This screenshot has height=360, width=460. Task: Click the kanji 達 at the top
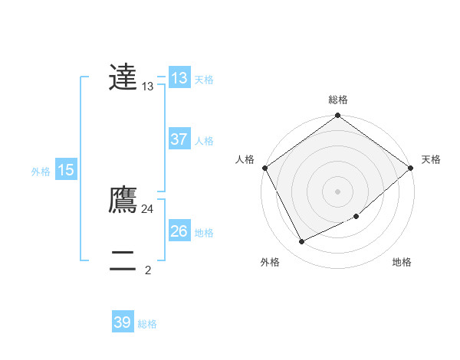coord(123,77)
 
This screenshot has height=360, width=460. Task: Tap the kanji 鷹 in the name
coord(123,200)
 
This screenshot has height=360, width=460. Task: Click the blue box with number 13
coord(179,78)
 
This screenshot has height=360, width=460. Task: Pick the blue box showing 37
coord(179,140)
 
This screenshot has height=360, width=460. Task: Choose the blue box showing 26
coord(179,231)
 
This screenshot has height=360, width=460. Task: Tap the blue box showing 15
coord(66,170)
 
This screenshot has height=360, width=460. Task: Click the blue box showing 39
coord(123,322)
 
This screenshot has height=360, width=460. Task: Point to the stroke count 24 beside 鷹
coord(147,208)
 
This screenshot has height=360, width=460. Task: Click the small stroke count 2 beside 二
coord(148,270)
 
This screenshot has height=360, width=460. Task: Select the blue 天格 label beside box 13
coord(204,80)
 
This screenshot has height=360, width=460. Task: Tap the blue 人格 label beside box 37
coord(204,141)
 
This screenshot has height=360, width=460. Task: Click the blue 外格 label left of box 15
coord(41,172)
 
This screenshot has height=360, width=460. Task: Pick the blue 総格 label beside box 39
coord(147,324)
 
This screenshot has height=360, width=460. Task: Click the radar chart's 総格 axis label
coord(337,100)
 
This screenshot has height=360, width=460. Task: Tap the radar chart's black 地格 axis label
coord(402,263)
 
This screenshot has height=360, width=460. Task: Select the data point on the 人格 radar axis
coord(264,168)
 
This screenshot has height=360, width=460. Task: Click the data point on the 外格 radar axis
coord(302,241)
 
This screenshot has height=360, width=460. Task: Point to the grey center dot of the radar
coord(337,191)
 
